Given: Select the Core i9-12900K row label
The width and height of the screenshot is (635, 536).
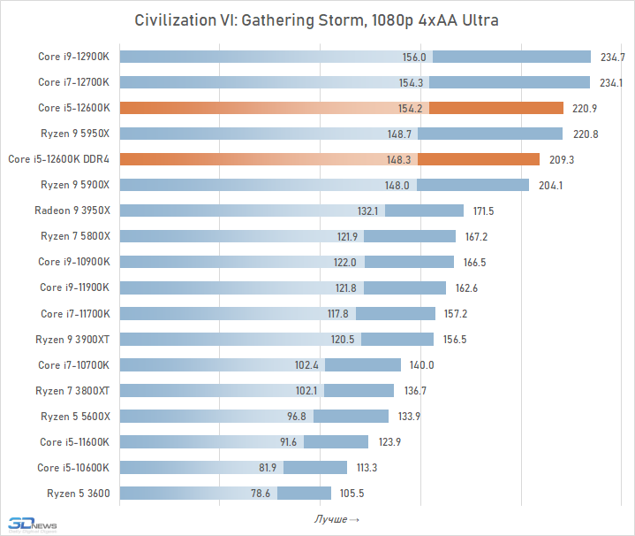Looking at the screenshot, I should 73,57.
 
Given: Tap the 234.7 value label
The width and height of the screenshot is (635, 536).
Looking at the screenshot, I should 612,57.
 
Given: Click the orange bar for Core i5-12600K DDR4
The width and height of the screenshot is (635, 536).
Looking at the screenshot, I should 329,159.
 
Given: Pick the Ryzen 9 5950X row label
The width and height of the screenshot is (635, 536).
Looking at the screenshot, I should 75,134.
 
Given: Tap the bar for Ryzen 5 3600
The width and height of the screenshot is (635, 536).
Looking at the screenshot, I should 225,493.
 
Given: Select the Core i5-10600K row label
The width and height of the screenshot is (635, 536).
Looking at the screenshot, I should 73,467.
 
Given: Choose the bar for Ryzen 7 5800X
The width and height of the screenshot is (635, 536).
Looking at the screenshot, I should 287,236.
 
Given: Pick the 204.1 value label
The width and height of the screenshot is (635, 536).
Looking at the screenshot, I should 550,186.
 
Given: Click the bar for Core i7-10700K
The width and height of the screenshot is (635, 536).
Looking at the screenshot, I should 260,364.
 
